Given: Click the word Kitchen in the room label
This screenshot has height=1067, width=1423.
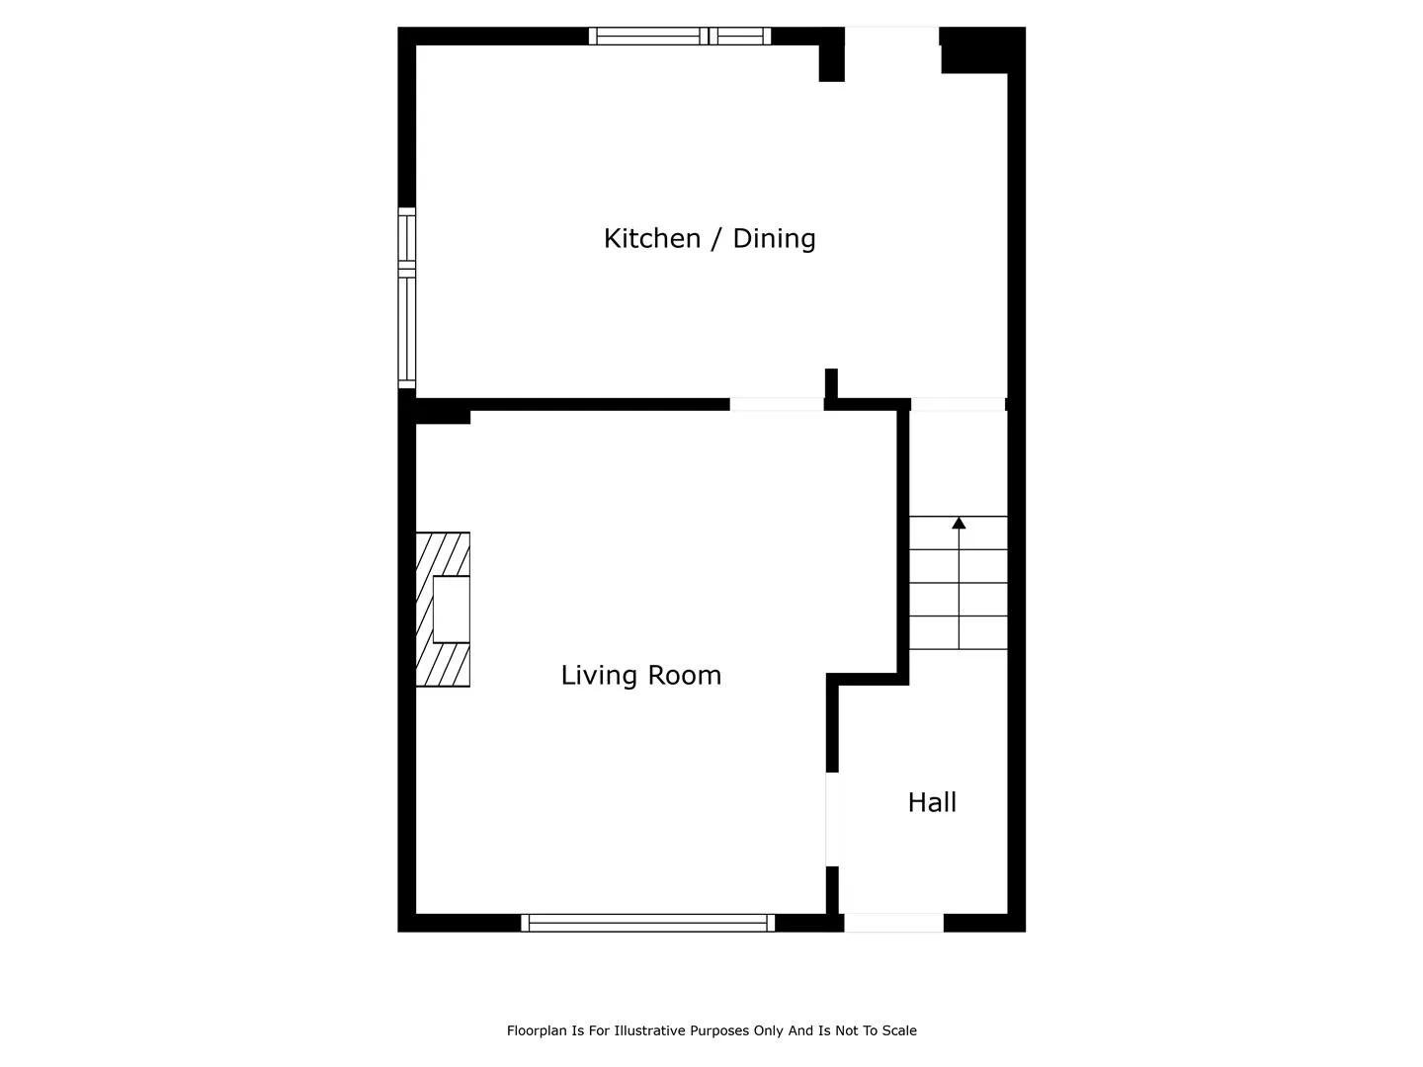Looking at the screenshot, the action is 651,238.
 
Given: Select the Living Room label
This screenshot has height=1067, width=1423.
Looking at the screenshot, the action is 640,676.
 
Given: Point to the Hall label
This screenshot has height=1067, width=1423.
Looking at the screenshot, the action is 932,802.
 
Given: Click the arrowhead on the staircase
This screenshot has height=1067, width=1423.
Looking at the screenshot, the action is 959,523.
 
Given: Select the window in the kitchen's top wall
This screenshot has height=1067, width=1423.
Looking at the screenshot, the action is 680,36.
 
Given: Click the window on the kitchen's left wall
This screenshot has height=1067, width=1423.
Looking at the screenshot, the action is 406,297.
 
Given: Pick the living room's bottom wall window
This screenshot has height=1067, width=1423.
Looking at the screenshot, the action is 647,923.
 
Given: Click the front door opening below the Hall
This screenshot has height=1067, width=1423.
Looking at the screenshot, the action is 893,923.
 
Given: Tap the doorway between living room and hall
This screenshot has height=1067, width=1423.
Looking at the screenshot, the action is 832,820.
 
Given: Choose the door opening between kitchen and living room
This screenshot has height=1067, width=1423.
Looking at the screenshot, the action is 777,404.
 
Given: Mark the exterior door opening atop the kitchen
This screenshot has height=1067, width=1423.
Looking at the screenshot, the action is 892,37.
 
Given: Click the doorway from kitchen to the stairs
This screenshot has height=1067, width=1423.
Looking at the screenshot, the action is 959,404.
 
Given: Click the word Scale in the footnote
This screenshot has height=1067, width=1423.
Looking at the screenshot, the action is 900,1030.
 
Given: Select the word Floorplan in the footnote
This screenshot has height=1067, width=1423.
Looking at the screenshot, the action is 537,1031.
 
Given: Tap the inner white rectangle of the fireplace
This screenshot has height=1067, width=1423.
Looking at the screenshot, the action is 452,609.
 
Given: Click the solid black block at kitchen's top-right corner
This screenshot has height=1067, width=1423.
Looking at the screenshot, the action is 983,49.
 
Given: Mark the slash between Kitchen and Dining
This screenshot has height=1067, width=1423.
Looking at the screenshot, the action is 716,239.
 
